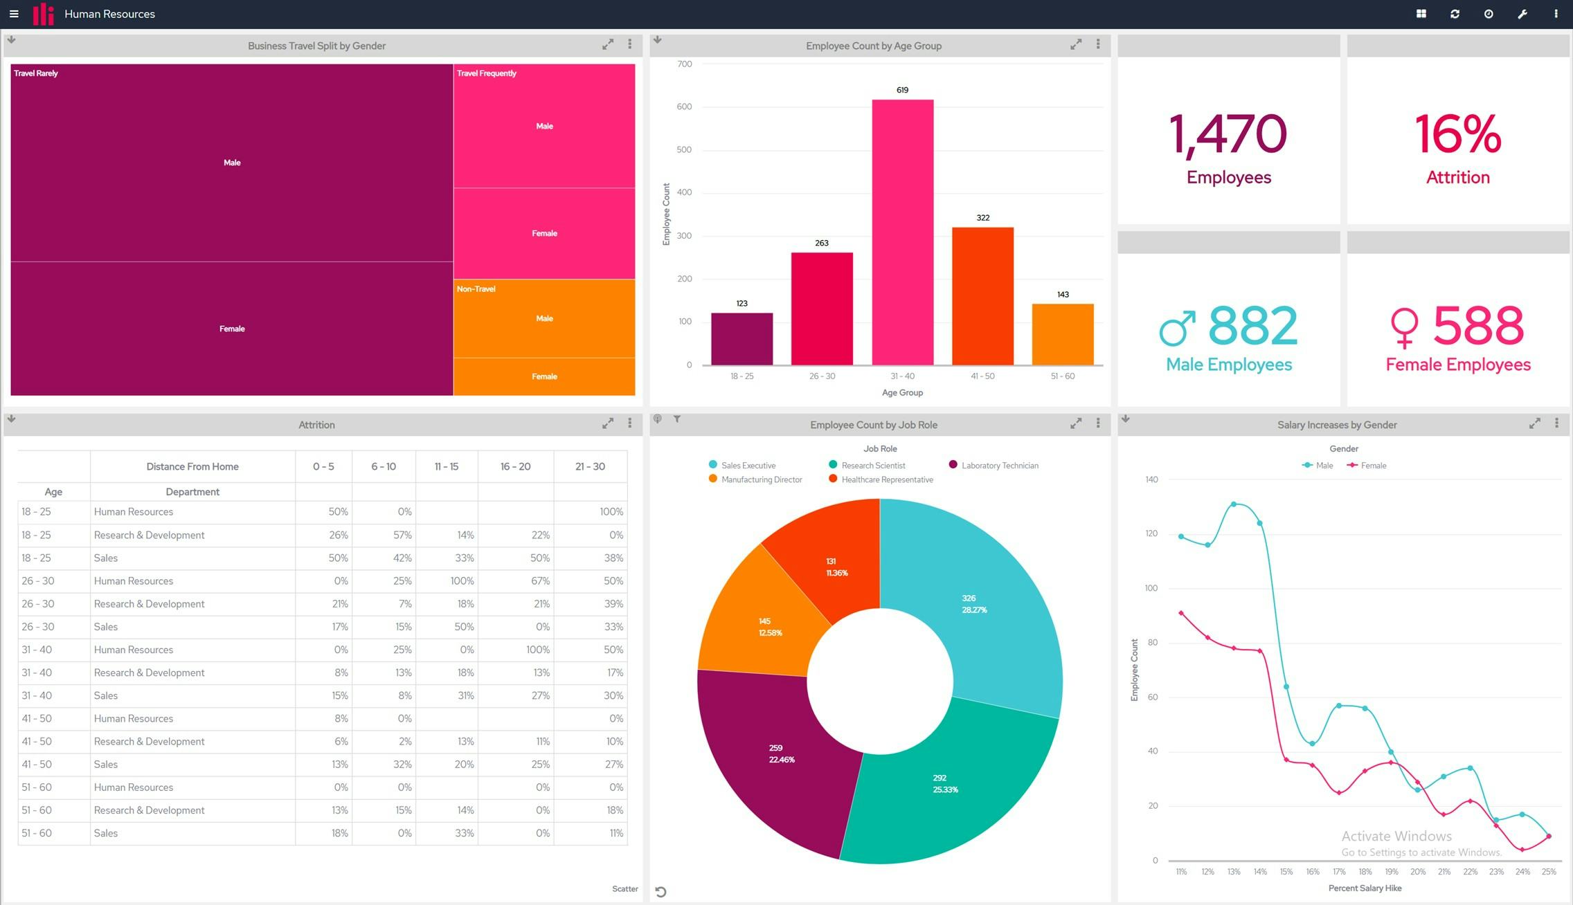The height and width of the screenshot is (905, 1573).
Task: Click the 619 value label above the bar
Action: [x=902, y=90]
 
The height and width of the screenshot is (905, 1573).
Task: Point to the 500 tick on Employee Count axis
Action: [x=683, y=149]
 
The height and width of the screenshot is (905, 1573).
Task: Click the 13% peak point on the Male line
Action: [x=1234, y=504]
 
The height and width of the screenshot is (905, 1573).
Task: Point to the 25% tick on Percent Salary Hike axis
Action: [x=1549, y=872]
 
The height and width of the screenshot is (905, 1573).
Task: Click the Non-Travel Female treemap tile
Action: [x=544, y=376]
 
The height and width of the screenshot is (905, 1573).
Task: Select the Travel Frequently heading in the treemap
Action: [x=487, y=73]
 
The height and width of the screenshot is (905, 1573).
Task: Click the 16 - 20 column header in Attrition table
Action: [x=515, y=466]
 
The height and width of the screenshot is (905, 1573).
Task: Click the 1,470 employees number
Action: [x=1228, y=134]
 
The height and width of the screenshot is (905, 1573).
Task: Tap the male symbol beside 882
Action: [x=1177, y=328]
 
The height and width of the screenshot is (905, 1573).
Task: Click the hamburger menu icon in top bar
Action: [x=14, y=14]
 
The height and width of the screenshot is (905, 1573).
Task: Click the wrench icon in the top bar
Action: [x=1522, y=14]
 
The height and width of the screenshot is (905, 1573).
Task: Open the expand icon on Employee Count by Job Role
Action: [x=1076, y=423]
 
